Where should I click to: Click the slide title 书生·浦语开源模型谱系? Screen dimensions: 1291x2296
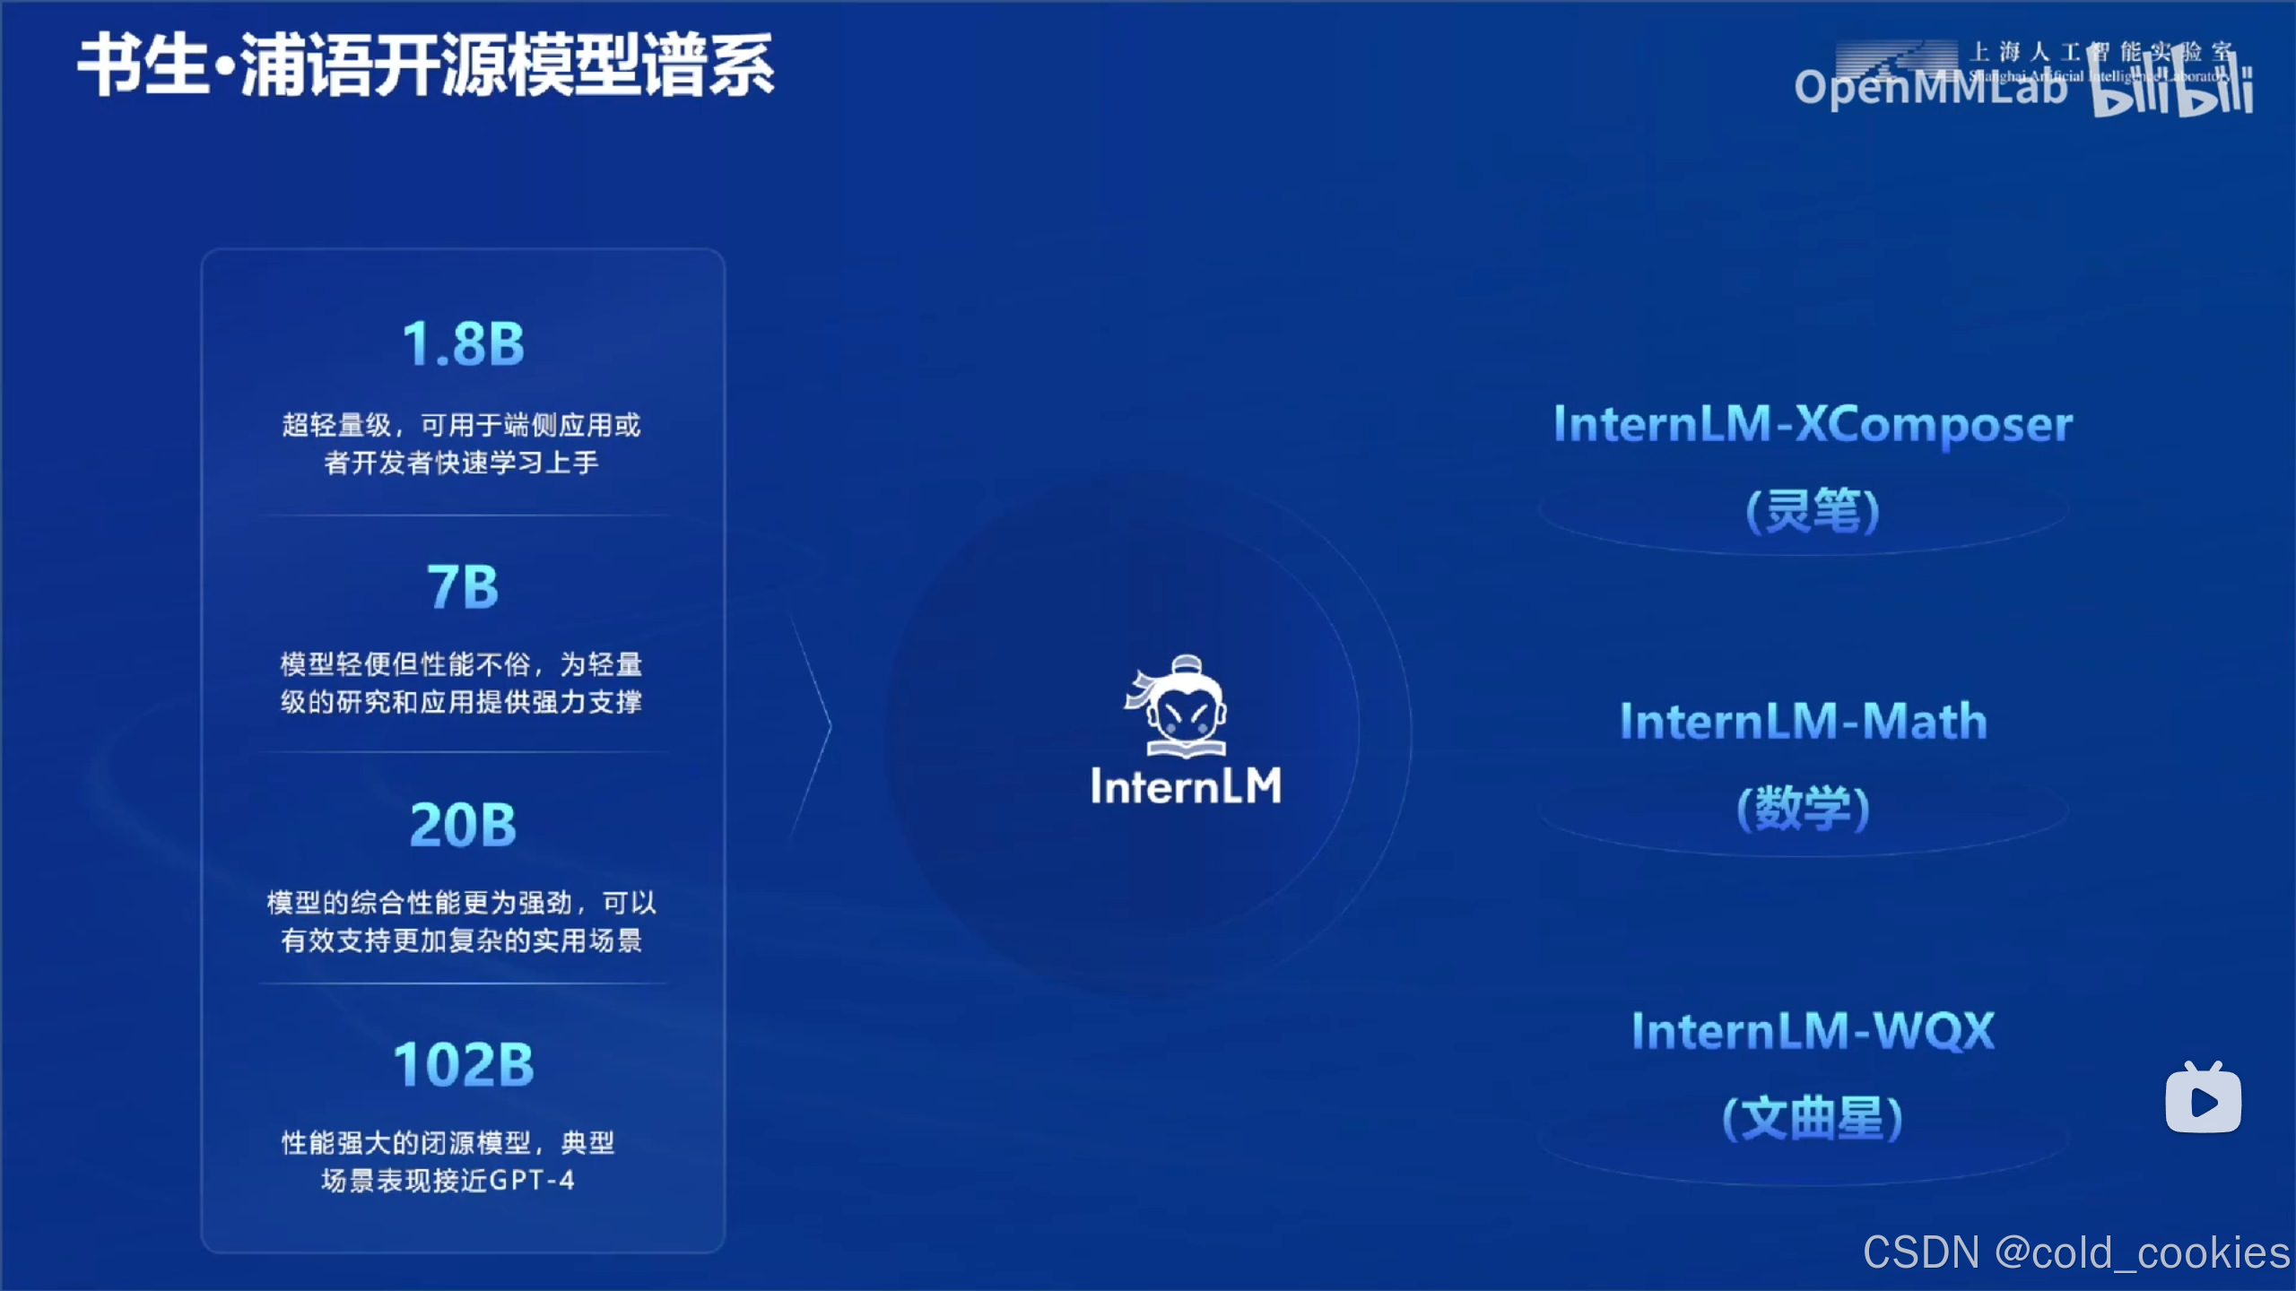(426, 65)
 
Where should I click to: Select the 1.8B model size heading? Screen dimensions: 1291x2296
(463, 344)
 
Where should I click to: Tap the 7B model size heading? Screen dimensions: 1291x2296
(463, 587)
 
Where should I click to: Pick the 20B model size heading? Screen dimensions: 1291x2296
(463, 825)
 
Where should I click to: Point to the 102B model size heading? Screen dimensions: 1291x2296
(463, 1065)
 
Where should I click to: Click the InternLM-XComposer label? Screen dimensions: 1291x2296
(1813, 425)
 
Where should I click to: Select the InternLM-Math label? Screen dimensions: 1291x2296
(1804, 722)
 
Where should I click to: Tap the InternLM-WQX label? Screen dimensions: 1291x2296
(1813, 1031)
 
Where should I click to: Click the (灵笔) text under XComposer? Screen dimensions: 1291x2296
(1813, 511)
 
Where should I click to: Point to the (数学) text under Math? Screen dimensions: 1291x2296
(1804, 808)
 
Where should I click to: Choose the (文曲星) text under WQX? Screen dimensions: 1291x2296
(1813, 1118)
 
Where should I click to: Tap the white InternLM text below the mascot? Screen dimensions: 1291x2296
(1186, 786)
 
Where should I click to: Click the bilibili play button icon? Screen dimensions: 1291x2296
(2203, 1099)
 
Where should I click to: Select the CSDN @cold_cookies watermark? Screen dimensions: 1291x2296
(2076, 1252)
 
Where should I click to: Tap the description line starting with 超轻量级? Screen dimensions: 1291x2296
(461, 425)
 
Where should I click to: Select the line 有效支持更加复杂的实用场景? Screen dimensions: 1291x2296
(461, 940)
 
